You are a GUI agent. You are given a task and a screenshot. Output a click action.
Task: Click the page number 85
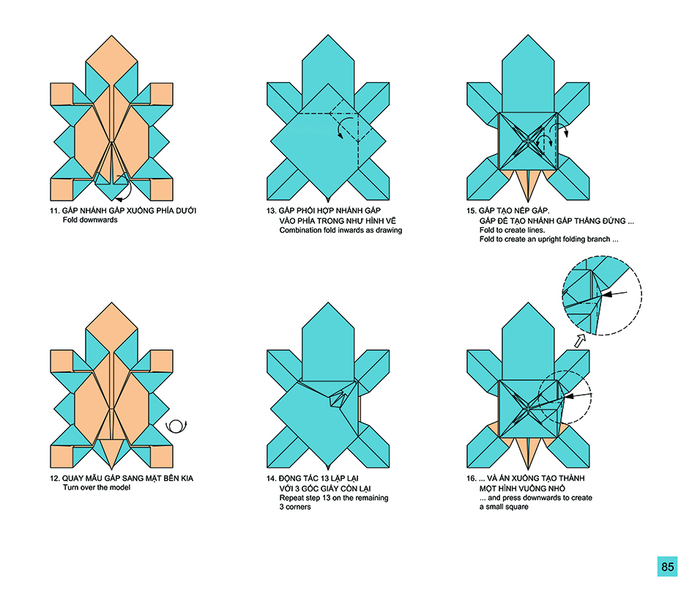click(667, 567)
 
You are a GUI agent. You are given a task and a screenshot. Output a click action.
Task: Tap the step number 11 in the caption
click(54, 211)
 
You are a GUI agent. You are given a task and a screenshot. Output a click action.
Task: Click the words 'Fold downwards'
click(90, 220)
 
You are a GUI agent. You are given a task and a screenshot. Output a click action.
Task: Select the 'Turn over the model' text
click(97, 487)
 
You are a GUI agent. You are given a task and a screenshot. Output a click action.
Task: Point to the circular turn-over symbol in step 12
click(176, 426)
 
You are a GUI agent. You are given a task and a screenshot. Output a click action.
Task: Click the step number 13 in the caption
click(271, 211)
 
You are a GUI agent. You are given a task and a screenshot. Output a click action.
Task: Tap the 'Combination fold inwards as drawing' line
click(341, 230)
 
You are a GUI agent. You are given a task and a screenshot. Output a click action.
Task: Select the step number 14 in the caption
click(271, 478)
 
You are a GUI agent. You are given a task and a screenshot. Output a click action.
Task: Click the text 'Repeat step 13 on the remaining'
click(334, 498)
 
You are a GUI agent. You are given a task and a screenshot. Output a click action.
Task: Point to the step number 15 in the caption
click(472, 211)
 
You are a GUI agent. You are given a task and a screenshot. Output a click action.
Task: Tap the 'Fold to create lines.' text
click(512, 230)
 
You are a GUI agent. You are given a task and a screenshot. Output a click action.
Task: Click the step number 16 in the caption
click(472, 478)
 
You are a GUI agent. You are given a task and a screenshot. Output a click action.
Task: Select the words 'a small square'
click(504, 507)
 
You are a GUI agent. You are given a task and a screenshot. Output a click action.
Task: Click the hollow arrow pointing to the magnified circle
click(579, 341)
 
